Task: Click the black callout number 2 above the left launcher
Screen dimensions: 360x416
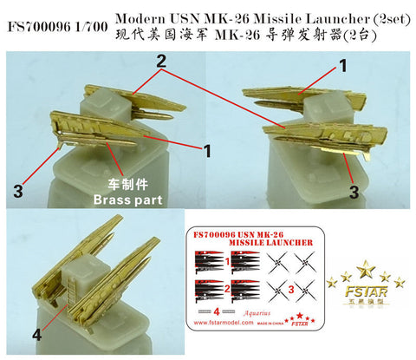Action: point(160,60)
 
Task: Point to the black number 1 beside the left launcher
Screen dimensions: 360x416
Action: point(208,150)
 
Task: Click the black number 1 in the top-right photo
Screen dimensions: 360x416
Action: point(342,65)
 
